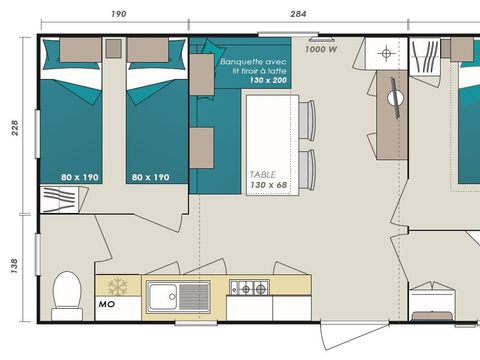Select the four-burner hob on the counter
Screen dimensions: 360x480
[249, 289]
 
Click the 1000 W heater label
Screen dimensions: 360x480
[319, 48]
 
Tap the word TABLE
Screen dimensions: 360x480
[263, 173]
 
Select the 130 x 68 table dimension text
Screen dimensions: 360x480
[268, 184]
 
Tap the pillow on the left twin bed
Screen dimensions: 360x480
[74, 53]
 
